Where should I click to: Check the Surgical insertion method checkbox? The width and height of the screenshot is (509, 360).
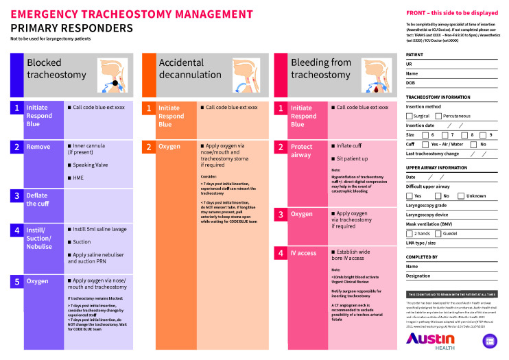(410, 117)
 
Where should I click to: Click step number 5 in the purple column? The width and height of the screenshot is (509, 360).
(17, 281)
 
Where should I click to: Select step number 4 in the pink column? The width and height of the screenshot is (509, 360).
(281, 253)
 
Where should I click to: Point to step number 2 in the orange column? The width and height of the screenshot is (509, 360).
(148, 147)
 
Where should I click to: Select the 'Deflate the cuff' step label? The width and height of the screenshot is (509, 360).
(37, 200)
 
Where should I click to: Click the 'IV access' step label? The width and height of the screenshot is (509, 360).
(303, 253)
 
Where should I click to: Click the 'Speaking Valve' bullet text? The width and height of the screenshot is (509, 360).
(93, 165)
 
